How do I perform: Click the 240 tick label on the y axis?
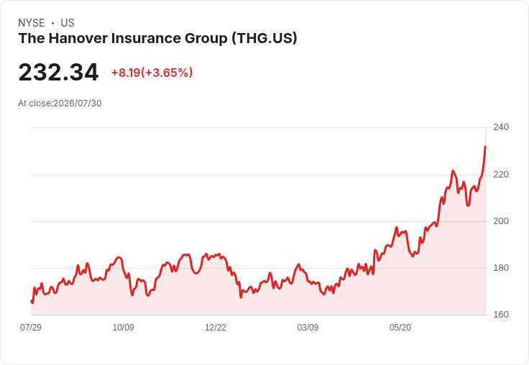tap(501, 127)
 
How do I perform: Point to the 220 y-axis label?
tap(501, 175)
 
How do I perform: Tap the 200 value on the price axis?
tap(501, 221)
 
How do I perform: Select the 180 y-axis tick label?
tap(501, 268)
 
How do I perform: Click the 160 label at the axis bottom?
tap(501, 315)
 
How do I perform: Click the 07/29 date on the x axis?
tap(31, 328)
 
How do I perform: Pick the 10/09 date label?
tap(123, 328)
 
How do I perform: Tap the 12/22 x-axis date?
tap(216, 328)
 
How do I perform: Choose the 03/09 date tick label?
tap(308, 328)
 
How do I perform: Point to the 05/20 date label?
tap(400, 328)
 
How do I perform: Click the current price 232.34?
tap(58, 73)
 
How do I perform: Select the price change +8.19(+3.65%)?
tap(152, 73)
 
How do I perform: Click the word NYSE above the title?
tap(32, 23)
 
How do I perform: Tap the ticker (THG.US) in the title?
tap(264, 38)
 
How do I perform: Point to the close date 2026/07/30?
tap(77, 103)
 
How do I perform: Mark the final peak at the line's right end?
tap(485, 147)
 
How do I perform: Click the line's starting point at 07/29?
tap(31, 300)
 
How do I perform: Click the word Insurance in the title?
tap(147, 38)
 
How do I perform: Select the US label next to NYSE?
tap(68, 23)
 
